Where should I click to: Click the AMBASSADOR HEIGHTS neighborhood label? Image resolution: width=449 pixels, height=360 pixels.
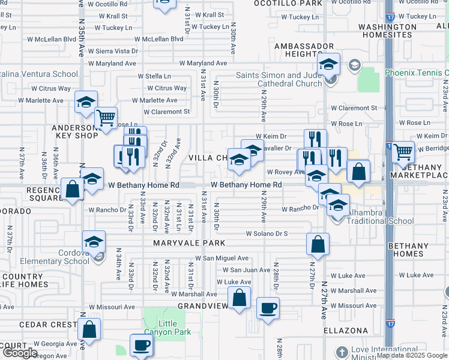(304, 50)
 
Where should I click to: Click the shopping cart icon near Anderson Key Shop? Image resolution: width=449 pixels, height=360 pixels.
(106, 118)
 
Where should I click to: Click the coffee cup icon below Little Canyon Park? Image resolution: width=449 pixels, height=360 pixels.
(142, 345)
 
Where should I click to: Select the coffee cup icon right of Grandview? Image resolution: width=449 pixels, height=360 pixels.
(268, 308)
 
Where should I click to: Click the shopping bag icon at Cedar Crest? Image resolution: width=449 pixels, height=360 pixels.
(89, 330)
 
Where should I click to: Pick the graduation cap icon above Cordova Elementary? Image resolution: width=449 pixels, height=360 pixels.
(94, 242)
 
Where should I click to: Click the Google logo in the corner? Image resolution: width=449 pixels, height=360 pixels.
(20, 353)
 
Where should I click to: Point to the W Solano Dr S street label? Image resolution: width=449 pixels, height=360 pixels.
(267, 233)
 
